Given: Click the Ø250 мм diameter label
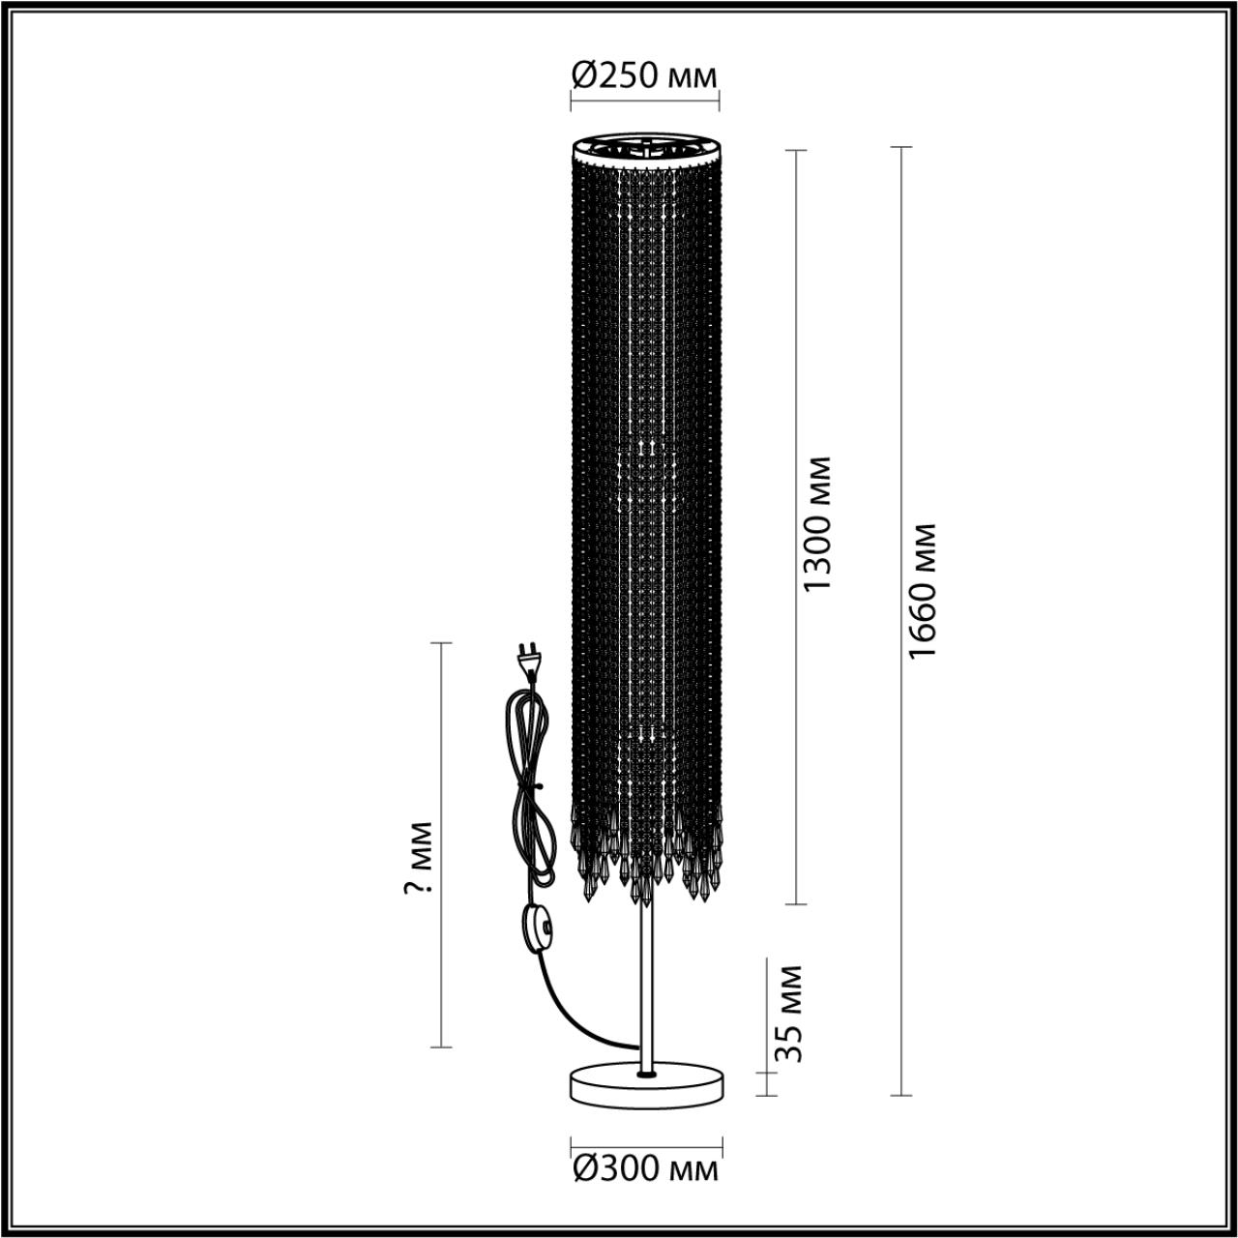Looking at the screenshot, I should click(644, 74).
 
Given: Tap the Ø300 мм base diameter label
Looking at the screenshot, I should click(645, 1169).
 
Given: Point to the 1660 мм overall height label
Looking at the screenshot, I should click(925, 591).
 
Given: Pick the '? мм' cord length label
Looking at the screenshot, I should click(418, 858).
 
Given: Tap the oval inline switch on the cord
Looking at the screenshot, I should click(534, 930).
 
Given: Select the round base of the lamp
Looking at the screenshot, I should click(645, 1084).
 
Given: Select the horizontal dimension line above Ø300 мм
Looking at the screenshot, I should click(645, 1141).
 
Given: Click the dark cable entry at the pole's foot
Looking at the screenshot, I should click(645, 1073).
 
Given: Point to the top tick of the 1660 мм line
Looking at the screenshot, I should click(901, 148).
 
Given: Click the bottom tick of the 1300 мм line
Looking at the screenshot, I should click(796, 904).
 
